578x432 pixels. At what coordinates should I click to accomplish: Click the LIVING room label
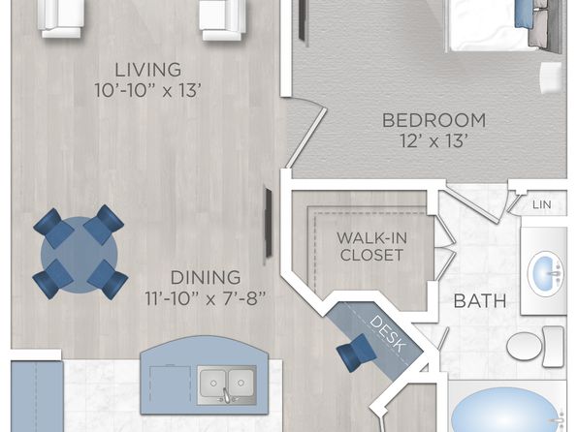pyautogui.click(x=147, y=70)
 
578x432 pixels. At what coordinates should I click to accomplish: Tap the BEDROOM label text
pyautogui.click(x=433, y=120)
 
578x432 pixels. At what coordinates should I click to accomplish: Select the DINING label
pyautogui.click(x=206, y=277)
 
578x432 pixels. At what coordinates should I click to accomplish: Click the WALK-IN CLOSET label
pyautogui.click(x=372, y=246)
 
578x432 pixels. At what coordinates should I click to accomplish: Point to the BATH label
pyautogui.click(x=480, y=301)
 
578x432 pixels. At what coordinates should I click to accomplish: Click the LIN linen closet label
pyautogui.click(x=542, y=204)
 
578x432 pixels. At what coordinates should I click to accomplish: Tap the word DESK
pyautogui.click(x=388, y=333)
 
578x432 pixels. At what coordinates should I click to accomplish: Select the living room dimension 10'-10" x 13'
pyautogui.click(x=147, y=91)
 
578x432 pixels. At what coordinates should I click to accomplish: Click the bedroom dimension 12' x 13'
pyautogui.click(x=433, y=140)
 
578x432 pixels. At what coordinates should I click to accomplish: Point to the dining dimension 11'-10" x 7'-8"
pyautogui.click(x=206, y=298)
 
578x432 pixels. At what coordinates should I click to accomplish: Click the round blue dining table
pyautogui.click(x=80, y=254)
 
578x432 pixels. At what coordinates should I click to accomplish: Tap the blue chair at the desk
pyautogui.click(x=356, y=353)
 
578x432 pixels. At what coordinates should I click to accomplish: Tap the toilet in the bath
pyautogui.click(x=535, y=346)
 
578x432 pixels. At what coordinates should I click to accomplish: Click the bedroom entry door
pyautogui.click(x=306, y=137)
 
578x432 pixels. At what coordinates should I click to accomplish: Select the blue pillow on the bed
pyautogui.click(x=524, y=14)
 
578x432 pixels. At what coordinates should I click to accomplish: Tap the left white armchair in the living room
pyautogui.click(x=61, y=18)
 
